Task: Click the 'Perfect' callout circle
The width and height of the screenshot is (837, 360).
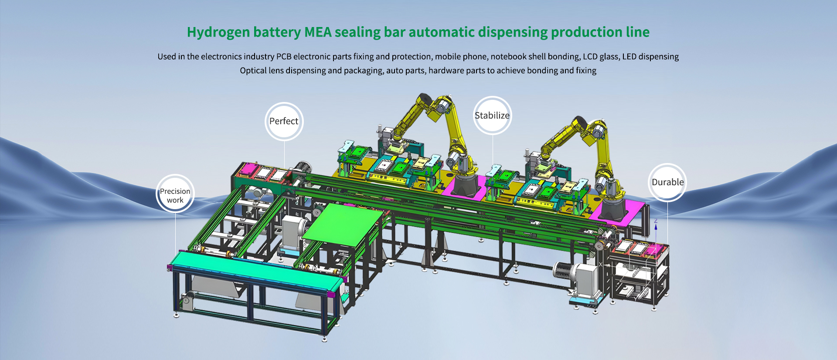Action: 284,121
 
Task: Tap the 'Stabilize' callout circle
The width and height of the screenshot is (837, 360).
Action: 492,115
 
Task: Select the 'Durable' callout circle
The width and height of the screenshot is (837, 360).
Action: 667,182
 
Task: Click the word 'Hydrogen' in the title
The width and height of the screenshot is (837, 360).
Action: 218,32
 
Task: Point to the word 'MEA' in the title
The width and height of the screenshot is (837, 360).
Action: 318,32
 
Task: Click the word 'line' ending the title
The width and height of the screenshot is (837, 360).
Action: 637,32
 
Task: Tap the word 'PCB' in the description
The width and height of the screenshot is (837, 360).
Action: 284,57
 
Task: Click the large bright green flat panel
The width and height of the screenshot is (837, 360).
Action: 342,222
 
